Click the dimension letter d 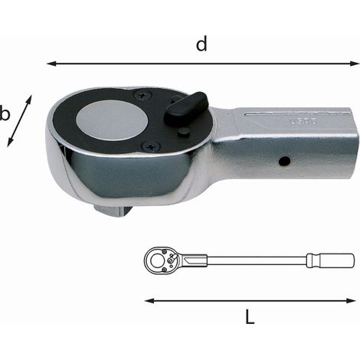[201, 44]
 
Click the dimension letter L [250, 317]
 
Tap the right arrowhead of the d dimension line [355, 64]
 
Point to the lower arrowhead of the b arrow [10, 142]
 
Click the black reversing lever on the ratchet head [186, 109]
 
